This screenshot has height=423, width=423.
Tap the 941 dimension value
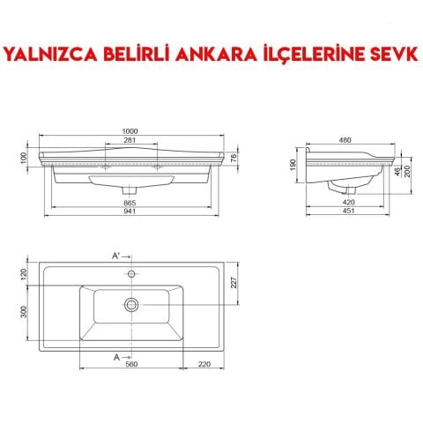pyautogui.click(x=130, y=213)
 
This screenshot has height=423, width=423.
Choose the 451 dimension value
pyautogui.click(x=350, y=213)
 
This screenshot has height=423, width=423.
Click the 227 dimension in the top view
pyautogui.click(x=234, y=283)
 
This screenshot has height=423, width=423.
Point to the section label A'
pyautogui.click(x=115, y=256)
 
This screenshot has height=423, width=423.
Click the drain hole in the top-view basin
pyautogui.click(x=130, y=304)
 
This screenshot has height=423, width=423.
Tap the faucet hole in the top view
pyautogui.click(x=130, y=274)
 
